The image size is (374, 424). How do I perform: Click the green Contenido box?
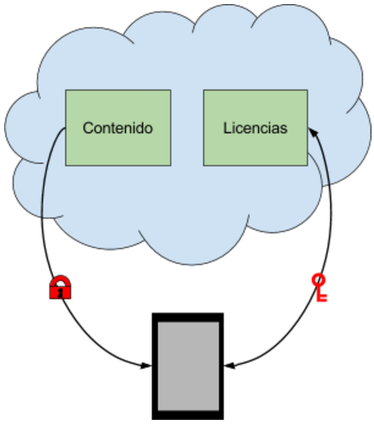118,128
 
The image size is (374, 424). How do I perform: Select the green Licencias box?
255,128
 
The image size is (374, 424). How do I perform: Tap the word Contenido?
118,128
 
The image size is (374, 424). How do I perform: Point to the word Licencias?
255,128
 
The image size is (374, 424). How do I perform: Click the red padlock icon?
60,288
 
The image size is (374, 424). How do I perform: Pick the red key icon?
320,288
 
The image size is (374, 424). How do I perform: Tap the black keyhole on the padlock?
60,292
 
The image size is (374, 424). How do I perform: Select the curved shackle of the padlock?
60,279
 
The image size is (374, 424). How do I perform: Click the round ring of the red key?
318,279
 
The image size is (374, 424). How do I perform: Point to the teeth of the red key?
323,297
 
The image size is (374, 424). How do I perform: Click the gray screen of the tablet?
189,366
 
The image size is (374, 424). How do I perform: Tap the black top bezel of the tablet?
188,318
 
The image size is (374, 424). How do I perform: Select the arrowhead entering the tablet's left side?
146,366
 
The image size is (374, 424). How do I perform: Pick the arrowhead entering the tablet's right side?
230,366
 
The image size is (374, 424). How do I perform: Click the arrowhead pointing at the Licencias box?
313,132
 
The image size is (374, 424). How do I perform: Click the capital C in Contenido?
88,128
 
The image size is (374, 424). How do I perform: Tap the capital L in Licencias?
227,128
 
